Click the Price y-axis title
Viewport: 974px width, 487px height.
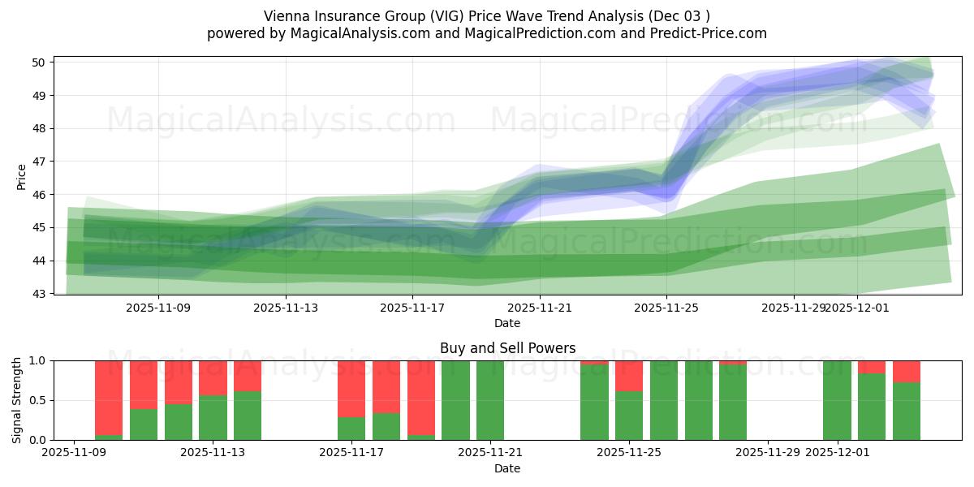22,176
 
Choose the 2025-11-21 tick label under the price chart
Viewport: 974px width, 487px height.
540,308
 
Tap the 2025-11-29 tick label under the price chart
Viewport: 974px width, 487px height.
794,308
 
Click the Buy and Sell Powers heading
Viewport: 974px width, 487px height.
507,348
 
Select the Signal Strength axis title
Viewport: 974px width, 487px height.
17,399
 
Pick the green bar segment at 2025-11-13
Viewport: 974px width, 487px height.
213,417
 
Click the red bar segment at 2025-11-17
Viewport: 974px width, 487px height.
351,388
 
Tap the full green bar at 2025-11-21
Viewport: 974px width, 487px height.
490,400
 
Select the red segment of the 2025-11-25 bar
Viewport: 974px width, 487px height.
629,376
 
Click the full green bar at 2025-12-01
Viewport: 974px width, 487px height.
837,400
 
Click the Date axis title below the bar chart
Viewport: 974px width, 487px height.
507,468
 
